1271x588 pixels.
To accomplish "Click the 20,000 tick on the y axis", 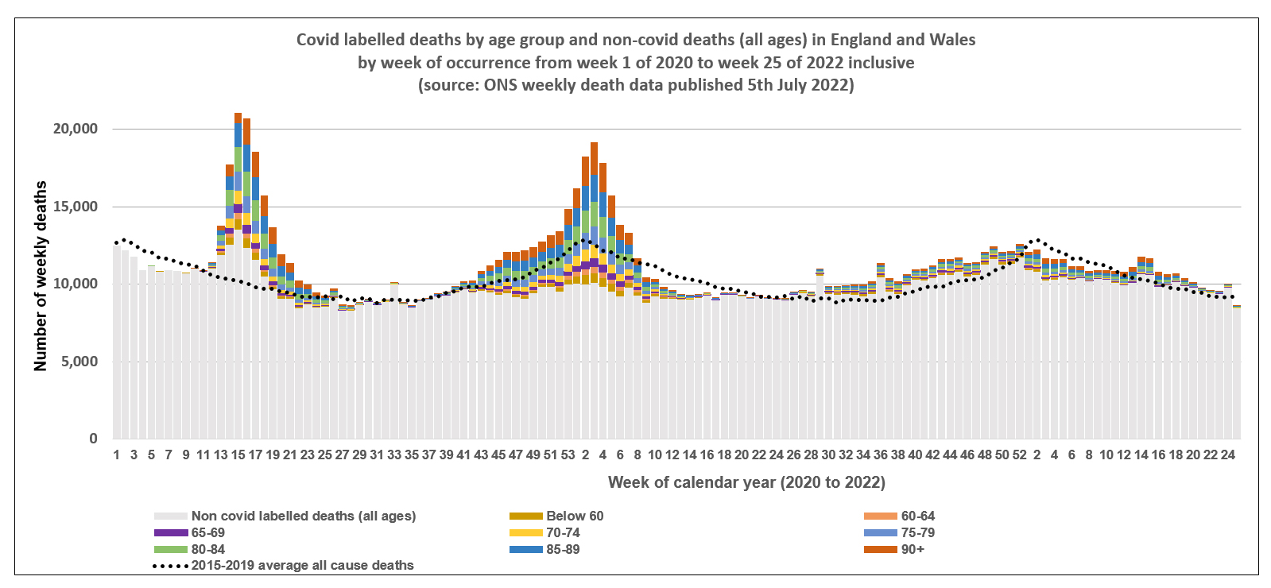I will coord(76,129).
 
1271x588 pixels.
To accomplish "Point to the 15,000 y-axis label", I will coord(76,207).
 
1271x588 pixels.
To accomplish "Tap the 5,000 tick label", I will coord(79,362).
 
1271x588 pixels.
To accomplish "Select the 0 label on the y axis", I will coord(93,439).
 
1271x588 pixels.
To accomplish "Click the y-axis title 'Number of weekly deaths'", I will coord(41,276).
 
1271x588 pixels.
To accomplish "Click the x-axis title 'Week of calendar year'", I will coord(746,482).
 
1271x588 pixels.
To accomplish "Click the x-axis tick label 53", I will coord(568,455).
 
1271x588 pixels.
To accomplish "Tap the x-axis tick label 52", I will coord(1019,455).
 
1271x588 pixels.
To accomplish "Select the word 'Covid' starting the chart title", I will coord(317,40).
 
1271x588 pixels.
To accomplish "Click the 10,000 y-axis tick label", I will coord(76,284).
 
